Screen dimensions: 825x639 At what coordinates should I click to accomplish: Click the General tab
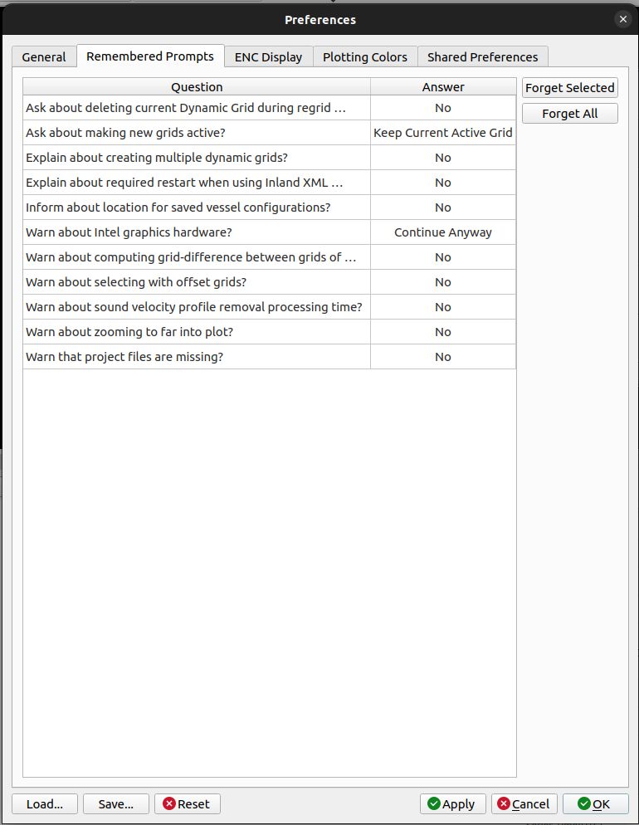coord(44,57)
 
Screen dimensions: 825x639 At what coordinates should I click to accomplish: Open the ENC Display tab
coord(268,57)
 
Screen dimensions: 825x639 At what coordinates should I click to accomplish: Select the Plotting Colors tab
coord(365,57)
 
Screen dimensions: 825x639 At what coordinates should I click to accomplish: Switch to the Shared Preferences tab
coord(482,57)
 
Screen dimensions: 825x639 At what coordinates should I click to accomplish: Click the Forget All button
coord(569,114)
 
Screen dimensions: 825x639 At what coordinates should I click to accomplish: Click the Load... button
coord(45,803)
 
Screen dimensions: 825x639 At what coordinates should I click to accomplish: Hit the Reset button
coord(187,803)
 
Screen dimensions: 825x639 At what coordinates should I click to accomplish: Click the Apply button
coord(452,803)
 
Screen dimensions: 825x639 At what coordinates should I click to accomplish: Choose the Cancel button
coord(524,803)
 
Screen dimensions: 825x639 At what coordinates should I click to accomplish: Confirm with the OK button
coord(594,803)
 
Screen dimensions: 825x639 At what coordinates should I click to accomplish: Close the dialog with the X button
coord(623,19)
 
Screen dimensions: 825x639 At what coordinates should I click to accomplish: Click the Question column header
coord(197,87)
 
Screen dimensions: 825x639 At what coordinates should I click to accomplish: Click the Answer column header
coord(443,87)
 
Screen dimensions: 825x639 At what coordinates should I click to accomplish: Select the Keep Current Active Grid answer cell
coord(443,133)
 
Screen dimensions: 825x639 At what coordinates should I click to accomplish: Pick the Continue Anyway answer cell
coord(443,232)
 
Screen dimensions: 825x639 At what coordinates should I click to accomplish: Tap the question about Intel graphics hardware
coord(129,232)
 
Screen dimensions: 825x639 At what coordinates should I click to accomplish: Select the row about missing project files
coord(124,357)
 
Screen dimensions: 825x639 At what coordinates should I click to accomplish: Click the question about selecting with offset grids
coord(136,282)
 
